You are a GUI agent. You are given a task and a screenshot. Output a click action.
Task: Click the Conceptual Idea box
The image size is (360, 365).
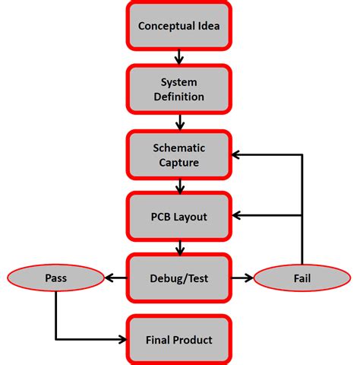(x=179, y=25)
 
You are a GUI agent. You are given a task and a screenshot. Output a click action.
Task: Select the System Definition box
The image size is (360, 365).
(x=179, y=90)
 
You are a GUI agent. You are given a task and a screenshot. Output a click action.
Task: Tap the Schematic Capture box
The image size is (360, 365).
(x=179, y=154)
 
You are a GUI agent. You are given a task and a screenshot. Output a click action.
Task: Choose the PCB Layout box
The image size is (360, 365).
(x=179, y=217)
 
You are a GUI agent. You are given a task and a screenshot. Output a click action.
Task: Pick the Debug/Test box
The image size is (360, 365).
(x=179, y=278)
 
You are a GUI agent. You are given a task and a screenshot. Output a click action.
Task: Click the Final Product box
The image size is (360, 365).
(x=179, y=340)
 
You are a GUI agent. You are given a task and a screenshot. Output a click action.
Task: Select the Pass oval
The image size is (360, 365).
(x=55, y=278)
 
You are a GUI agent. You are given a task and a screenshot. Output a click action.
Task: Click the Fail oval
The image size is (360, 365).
(x=302, y=278)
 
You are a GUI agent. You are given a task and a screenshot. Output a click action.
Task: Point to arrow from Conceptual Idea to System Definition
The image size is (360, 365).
(x=179, y=57)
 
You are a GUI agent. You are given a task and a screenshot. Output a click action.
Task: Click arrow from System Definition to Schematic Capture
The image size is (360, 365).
(x=179, y=122)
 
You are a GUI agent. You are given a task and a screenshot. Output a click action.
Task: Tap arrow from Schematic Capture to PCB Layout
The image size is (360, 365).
(x=179, y=186)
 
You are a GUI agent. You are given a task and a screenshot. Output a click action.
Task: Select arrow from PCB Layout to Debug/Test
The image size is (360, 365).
(x=179, y=248)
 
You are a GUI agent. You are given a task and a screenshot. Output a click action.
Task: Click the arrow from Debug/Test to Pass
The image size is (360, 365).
(x=115, y=278)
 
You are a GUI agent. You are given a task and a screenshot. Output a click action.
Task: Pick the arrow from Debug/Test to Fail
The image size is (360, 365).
(x=243, y=278)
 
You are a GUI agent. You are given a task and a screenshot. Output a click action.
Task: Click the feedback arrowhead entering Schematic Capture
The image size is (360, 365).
(x=236, y=154)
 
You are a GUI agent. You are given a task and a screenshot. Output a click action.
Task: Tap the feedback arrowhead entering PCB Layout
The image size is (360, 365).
(x=236, y=217)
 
